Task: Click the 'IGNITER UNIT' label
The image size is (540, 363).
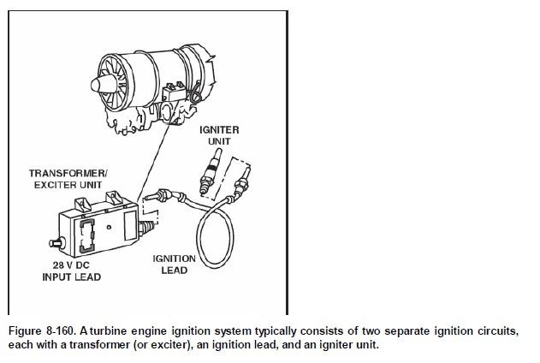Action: [218, 134]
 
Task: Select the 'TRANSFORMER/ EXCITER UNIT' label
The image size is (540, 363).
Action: [68, 179]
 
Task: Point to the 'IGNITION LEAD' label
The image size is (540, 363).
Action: [174, 264]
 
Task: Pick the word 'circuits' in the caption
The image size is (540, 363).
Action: [494, 330]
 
